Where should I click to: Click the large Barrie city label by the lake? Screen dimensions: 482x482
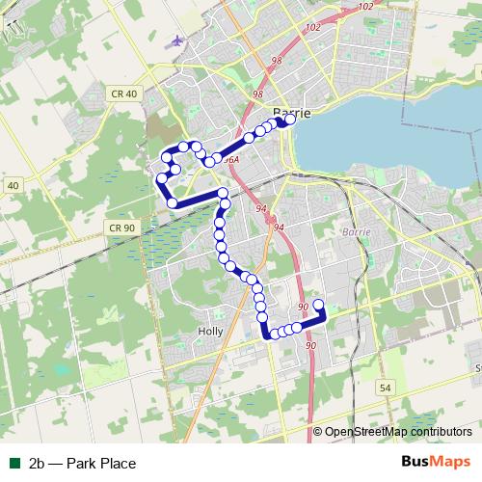pyautogui.click(x=292, y=112)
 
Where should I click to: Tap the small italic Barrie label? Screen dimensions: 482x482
pyautogui.click(x=356, y=231)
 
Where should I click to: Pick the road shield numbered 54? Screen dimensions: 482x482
pyautogui.click(x=385, y=387)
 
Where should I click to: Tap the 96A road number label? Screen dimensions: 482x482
pyautogui.click(x=231, y=160)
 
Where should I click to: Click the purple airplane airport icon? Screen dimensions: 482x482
pyautogui.click(x=177, y=40)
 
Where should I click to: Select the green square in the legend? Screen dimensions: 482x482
pyautogui.click(x=13, y=464)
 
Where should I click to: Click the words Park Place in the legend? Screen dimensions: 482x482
pyautogui.click(x=101, y=464)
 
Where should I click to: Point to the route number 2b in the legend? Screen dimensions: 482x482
pyautogui.click(x=39, y=464)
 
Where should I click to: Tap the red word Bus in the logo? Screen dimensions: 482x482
pyautogui.click(x=415, y=463)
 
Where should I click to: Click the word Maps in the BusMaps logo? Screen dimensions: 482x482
pyautogui.click(x=451, y=463)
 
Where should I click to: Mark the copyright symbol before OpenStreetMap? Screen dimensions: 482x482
pyautogui.click(x=317, y=432)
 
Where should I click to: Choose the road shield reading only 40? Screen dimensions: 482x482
pyautogui.click(x=12, y=184)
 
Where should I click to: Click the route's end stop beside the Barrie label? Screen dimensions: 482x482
pyautogui.click(x=288, y=121)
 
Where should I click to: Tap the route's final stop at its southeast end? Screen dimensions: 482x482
pyautogui.click(x=319, y=305)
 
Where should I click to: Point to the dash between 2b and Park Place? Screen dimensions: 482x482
pyautogui.click(x=57, y=464)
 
